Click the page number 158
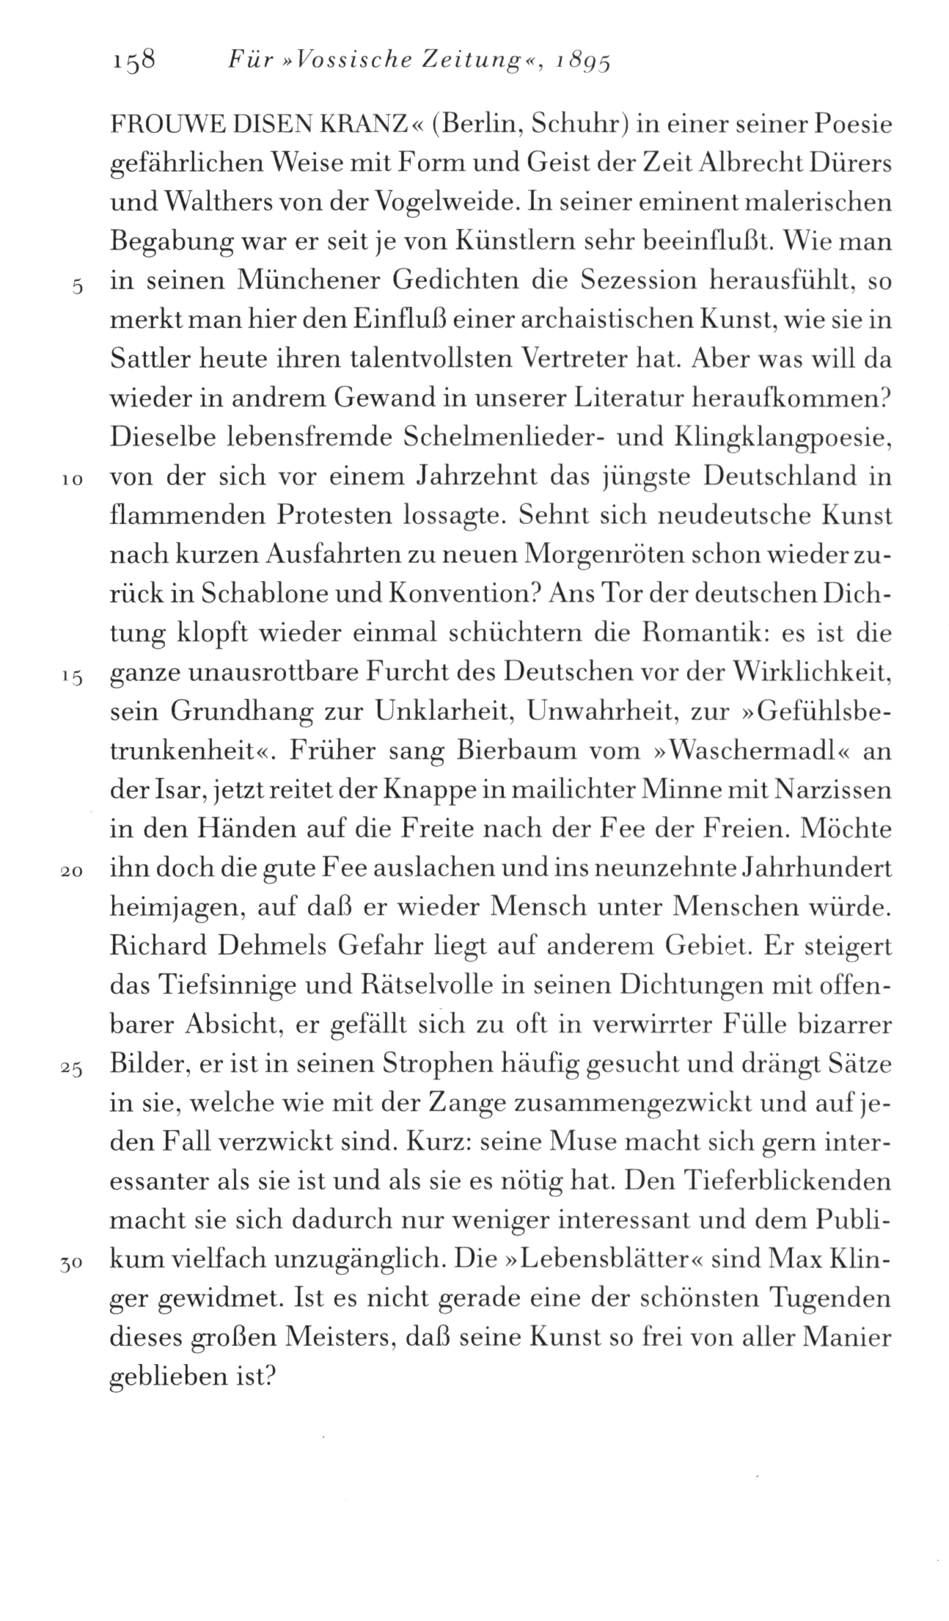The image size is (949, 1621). [133, 59]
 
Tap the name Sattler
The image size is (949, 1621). [154, 360]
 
